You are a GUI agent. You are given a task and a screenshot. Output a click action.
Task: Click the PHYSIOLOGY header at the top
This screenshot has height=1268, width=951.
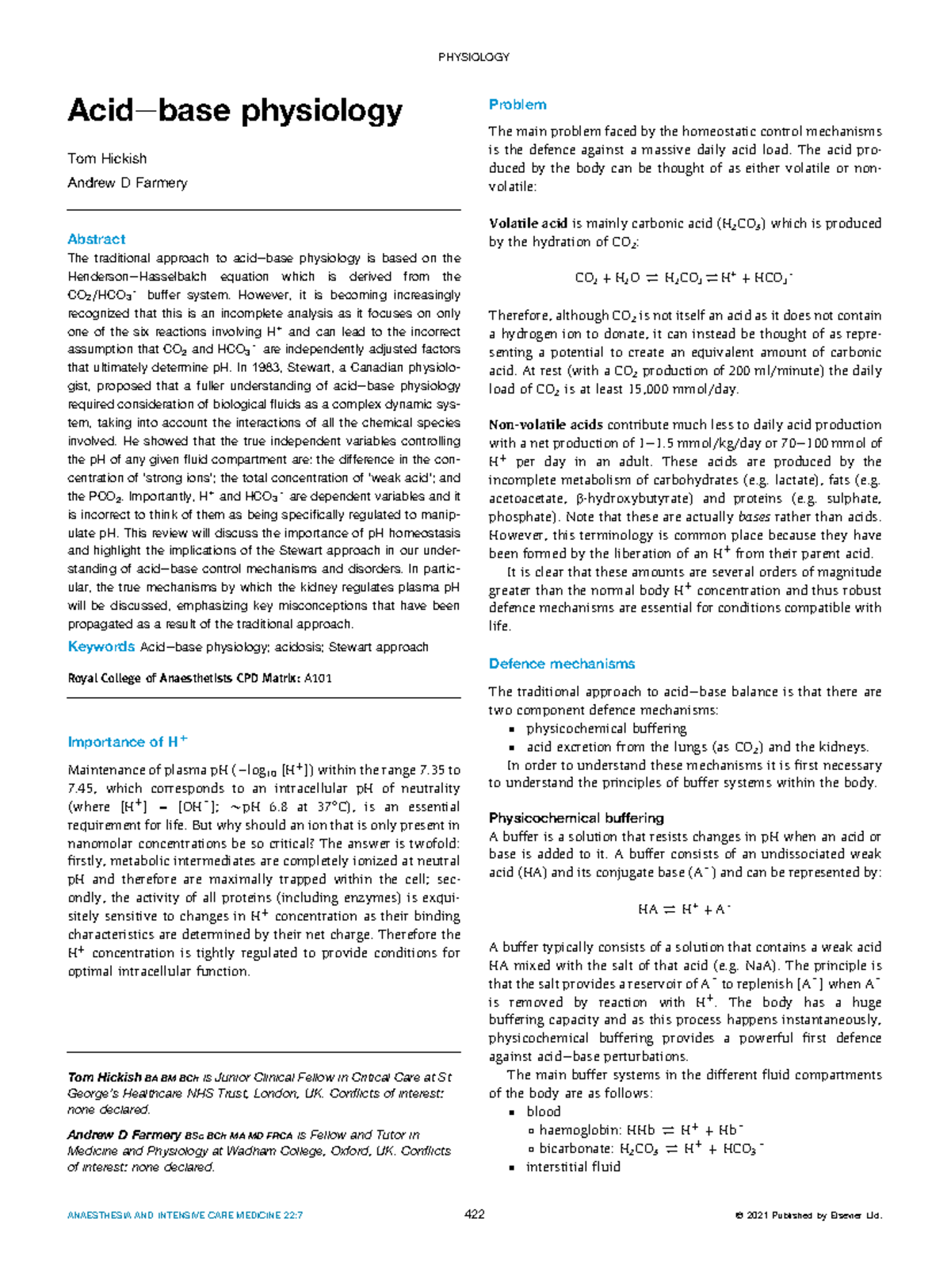tap(473, 57)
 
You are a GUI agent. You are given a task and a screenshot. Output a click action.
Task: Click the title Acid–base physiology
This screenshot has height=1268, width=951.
tap(235, 110)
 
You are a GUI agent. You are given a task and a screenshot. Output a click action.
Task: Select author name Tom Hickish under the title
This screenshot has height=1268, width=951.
tap(107, 159)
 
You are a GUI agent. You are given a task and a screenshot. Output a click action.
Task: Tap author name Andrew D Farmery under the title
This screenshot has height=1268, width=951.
tap(128, 183)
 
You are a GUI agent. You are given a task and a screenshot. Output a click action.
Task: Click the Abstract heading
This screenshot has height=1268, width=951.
tap(96, 239)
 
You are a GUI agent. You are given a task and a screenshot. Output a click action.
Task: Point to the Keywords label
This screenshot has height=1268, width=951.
tap(101, 647)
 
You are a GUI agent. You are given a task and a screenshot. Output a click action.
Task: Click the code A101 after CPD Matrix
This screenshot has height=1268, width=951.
tap(318, 678)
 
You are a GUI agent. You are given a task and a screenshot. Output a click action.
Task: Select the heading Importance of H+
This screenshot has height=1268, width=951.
tap(127, 742)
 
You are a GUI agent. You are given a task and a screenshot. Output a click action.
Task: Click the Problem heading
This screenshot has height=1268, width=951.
tap(517, 105)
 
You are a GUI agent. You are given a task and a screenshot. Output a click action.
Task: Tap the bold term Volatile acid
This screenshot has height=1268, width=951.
tap(528, 224)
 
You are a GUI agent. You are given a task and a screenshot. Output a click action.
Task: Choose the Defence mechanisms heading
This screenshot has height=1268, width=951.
tap(561, 664)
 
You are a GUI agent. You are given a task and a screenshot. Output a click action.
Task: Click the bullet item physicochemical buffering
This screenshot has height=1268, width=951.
tap(606, 729)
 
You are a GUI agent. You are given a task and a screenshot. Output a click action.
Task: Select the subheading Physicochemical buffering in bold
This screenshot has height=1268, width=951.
tap(576, 818)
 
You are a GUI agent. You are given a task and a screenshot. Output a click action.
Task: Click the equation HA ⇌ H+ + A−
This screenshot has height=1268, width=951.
tap(684, 910)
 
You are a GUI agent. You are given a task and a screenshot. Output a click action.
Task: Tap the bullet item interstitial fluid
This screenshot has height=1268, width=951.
tap(573, 1166)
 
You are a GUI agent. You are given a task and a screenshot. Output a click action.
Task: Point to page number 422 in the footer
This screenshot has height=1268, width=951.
tap(474, 1215)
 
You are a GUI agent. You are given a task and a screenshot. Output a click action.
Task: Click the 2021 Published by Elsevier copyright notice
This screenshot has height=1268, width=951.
tap(808, 1216)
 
